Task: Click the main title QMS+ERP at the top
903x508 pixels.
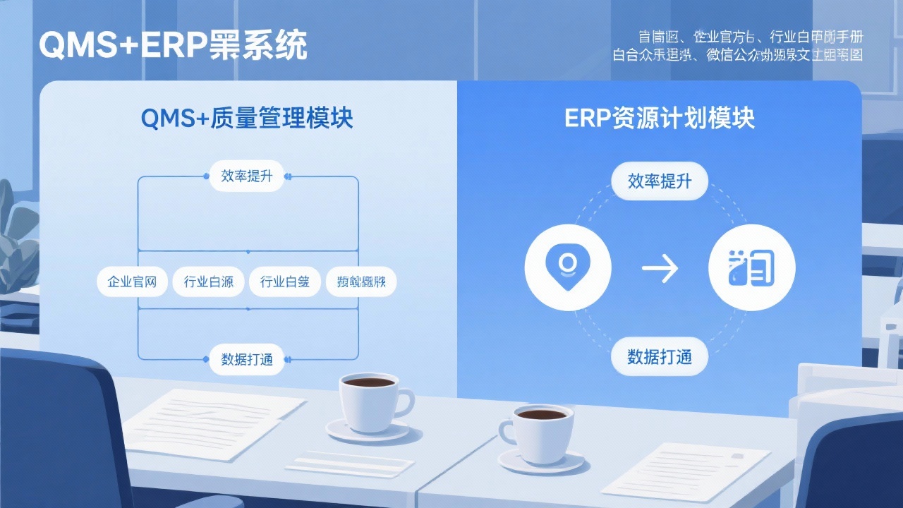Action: click(x=173, y=47)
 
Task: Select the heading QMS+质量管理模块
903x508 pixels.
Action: click(x=247, y=119)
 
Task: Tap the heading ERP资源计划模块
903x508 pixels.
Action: click(x=660, y=119)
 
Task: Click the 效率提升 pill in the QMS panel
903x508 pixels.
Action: click(x=246, y=176)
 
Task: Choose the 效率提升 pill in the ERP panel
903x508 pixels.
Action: click(x=660, y=182)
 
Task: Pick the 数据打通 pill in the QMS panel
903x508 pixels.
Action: click(x=246, y=359)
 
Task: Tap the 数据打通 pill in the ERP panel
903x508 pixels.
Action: click(x=660, y=357)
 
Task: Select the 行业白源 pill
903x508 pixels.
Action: click(x=208, y=282)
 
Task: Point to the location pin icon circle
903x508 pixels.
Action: click(x=568, y=268)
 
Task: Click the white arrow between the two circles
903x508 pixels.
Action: click(x=660, y=268)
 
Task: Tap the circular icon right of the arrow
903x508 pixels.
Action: click(x=751, y=268)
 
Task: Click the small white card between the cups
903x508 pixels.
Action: click(x=349, y=464)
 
